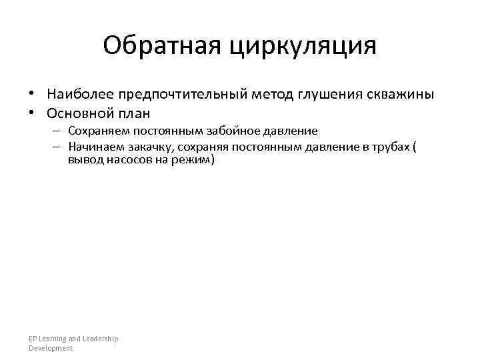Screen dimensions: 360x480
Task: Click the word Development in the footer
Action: click(51, 348)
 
